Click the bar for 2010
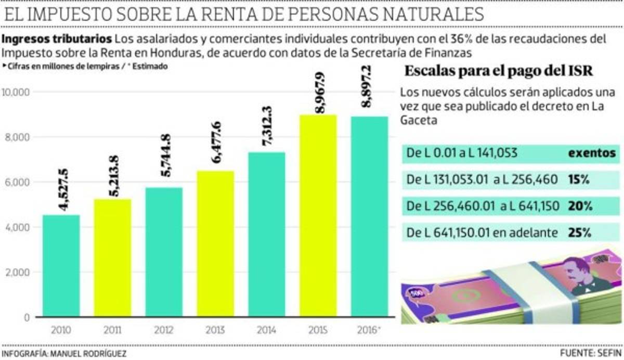pos(61,265)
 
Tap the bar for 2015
pos(318,215)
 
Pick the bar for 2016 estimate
pos(369,216)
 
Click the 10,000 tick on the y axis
pos(18,92)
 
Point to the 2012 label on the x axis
pos(164,330)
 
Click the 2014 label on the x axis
pos(267,330)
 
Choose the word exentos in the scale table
pos(591,153)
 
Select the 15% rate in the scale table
pos(579,179)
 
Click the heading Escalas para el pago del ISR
pos(498,72)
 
